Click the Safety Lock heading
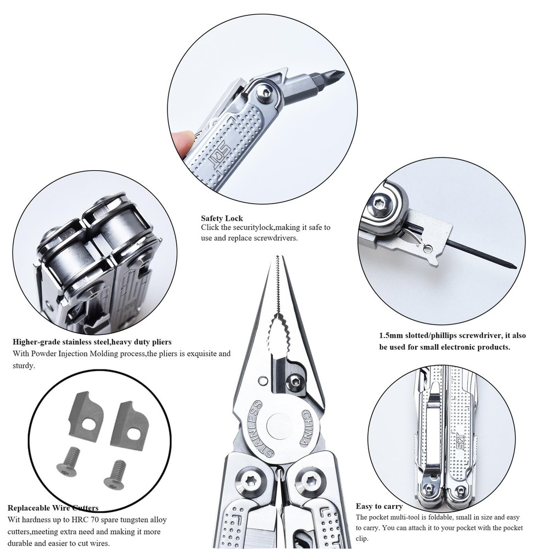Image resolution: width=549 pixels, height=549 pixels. click(221, 218)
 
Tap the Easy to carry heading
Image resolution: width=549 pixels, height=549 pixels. click(379, 506)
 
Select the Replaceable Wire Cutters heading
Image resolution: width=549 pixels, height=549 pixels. click(53, 508)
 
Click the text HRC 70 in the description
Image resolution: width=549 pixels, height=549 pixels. click(74, 519)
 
